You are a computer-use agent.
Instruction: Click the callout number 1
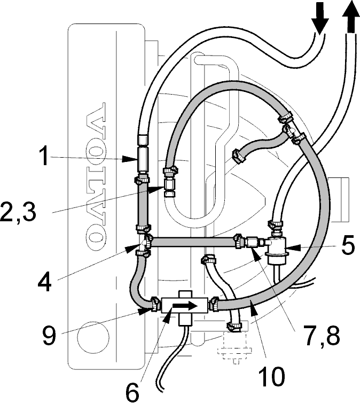pyautogui.click(x=44, y=156)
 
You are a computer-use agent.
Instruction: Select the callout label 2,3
pyautogui.click(x=18, y=211)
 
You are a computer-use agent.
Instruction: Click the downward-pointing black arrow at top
pyautogui.click(x=320, y=18)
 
